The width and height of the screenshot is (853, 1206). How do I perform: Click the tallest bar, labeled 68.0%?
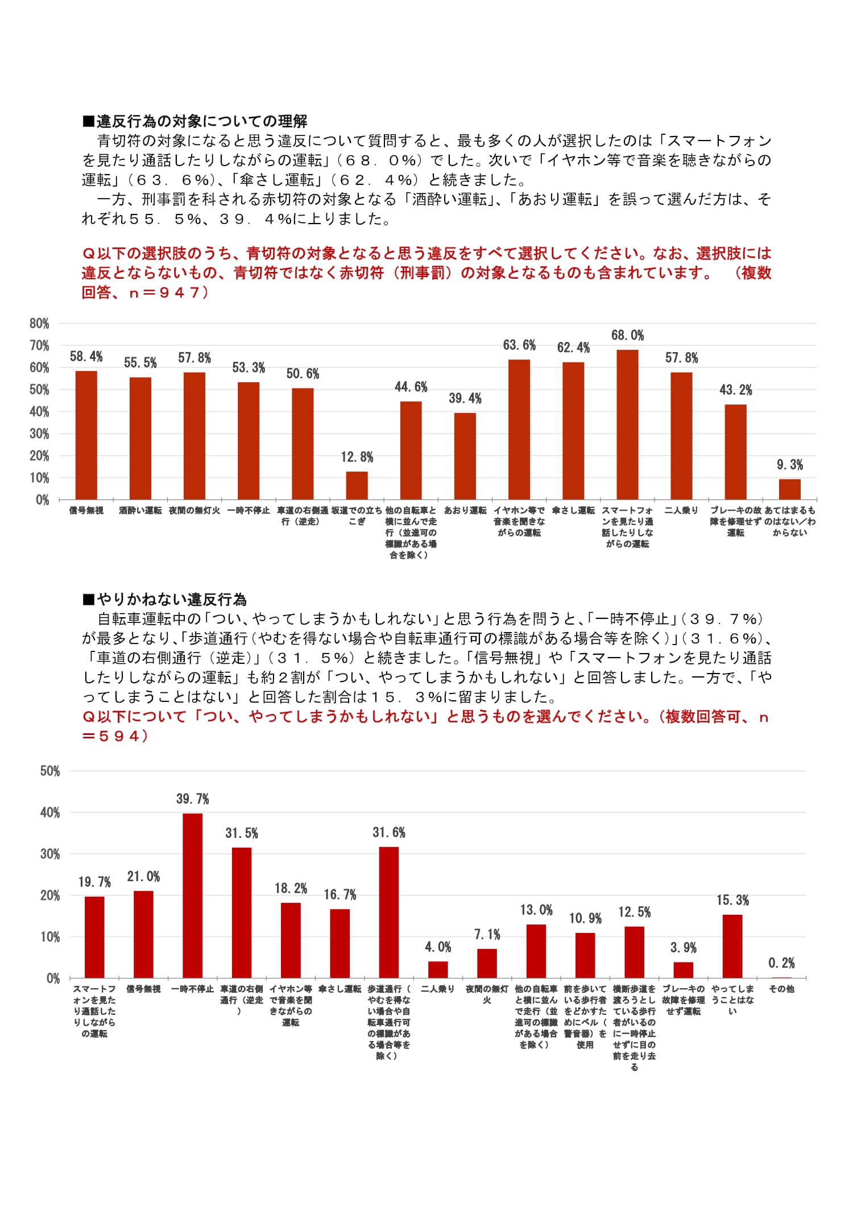(627, 424)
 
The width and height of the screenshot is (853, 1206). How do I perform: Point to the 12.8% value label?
(357, 457)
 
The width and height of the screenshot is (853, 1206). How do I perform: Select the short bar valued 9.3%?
(789, 489)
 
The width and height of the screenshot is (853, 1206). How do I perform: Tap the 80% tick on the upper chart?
(39, 324)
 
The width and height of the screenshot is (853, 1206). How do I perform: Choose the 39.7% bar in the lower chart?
(192, 895)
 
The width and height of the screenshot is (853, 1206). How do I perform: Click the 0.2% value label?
(781, 963)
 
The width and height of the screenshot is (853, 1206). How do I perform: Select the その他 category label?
(781, 989)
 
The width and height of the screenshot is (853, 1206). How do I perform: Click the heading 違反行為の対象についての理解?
(201, 121)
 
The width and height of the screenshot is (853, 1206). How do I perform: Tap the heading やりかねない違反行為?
(171, 600)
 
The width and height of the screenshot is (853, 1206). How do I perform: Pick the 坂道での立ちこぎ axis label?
(357, 515)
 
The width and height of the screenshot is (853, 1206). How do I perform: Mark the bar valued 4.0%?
(438, 969)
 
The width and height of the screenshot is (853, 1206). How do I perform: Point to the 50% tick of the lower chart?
(50, 771)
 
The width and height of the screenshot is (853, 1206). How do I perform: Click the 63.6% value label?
(519, 345)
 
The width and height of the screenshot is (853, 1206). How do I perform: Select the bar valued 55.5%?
(140, 438)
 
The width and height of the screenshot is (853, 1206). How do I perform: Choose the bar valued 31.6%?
(389, 912)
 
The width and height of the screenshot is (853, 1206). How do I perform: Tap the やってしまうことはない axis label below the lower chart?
(732, 1000)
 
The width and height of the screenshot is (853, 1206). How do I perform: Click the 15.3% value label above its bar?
(732, 901)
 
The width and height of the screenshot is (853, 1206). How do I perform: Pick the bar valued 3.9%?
(683, 970)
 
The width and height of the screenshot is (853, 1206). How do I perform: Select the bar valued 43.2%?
(735, 452)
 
